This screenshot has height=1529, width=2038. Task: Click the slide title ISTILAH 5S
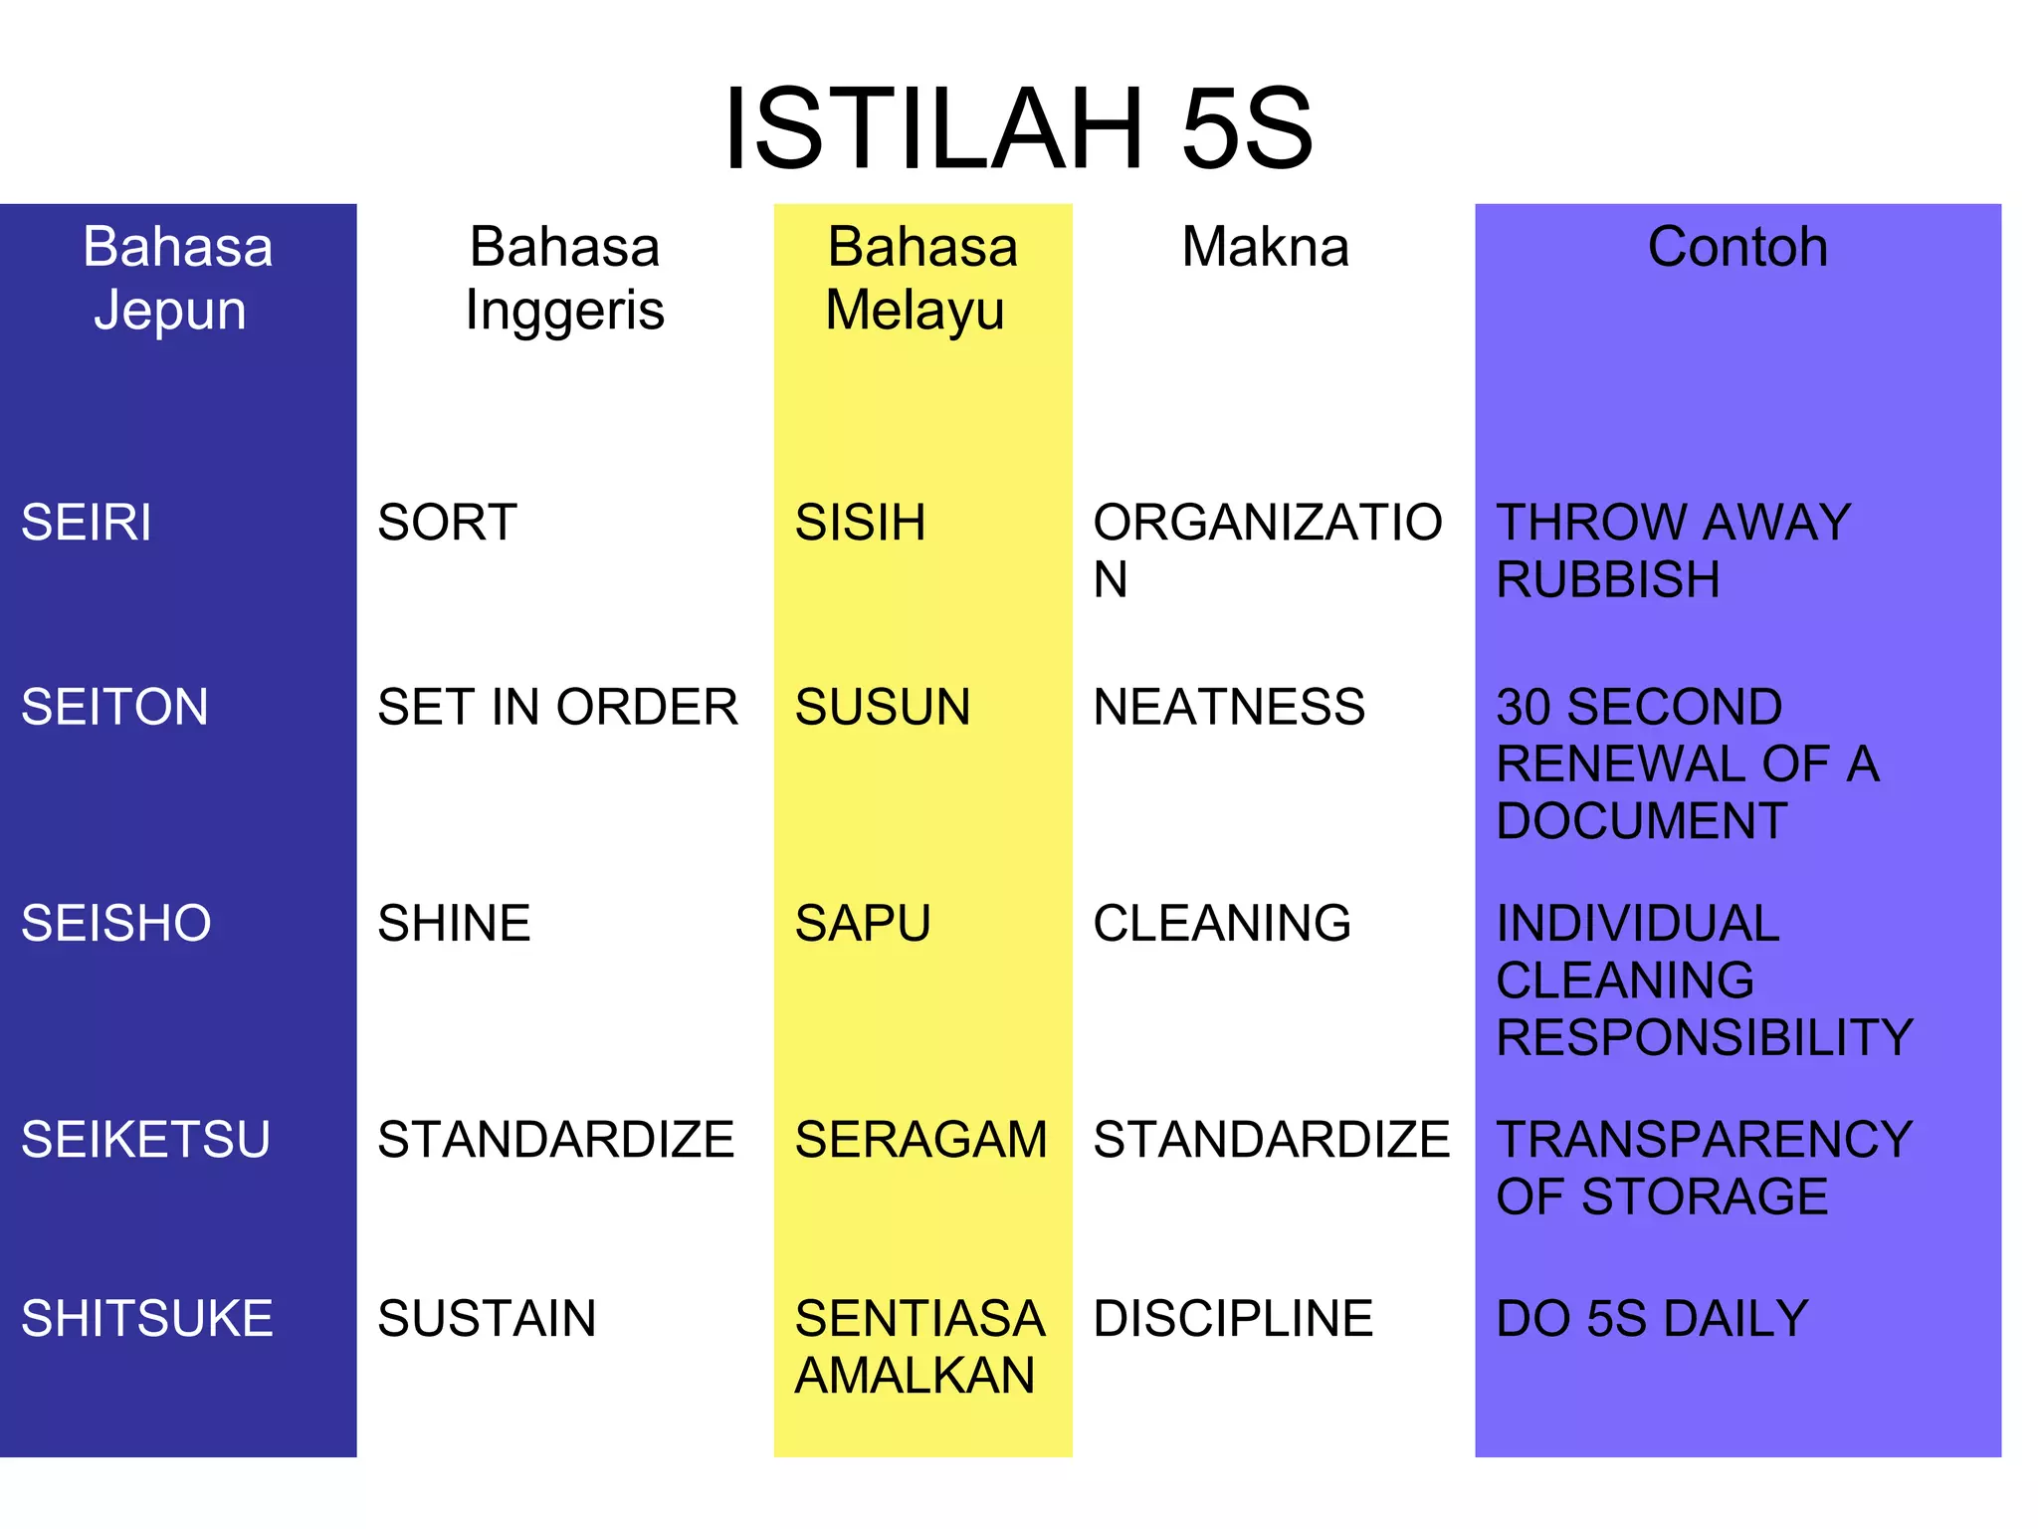pyautogui.click(x=1018, y=129)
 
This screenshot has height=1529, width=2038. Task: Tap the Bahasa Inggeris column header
pyautogui.click(x=564, y=278)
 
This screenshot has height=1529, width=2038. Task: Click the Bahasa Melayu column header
pyautogui.click(x=921, y=278)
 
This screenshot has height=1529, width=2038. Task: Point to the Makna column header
pyautogui.click(x=1265, y=247)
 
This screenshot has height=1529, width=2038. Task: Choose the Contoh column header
pyautogui.click(x=1737, y=247)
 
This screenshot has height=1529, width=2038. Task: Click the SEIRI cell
pyautogui.click(x=87, y=523)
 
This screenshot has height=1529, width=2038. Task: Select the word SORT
pyautogui.click(x=447, y=523)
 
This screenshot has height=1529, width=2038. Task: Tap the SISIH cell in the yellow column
pyautogui.click(x=860, y=523)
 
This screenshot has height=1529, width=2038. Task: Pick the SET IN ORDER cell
pyautogui.click(x=557, y=708)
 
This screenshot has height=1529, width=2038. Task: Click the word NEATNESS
pyautogui.click(x=1229, y=708)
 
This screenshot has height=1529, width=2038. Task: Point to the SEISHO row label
pyautogui.click(x=116, y=924)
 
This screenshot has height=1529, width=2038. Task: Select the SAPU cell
pyautogui.click(x=863, y=924)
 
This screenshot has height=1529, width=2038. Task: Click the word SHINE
pyautogui.click(x=454, y=924)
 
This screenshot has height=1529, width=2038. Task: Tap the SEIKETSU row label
pyautogui.click(x=145, y=1140)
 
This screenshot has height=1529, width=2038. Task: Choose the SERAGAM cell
pyautogui.click(x=921, y=1140)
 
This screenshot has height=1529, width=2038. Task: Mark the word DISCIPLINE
pyautogui.click(x=1233, y=1319)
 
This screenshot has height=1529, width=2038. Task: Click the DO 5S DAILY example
pyautogui.click(x=1652, y=1319)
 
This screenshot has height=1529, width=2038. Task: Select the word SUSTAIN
pyautogui.click(x=487, y=1319)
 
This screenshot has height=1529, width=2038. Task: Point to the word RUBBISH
pyautogui.click(x=1608, y=580)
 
